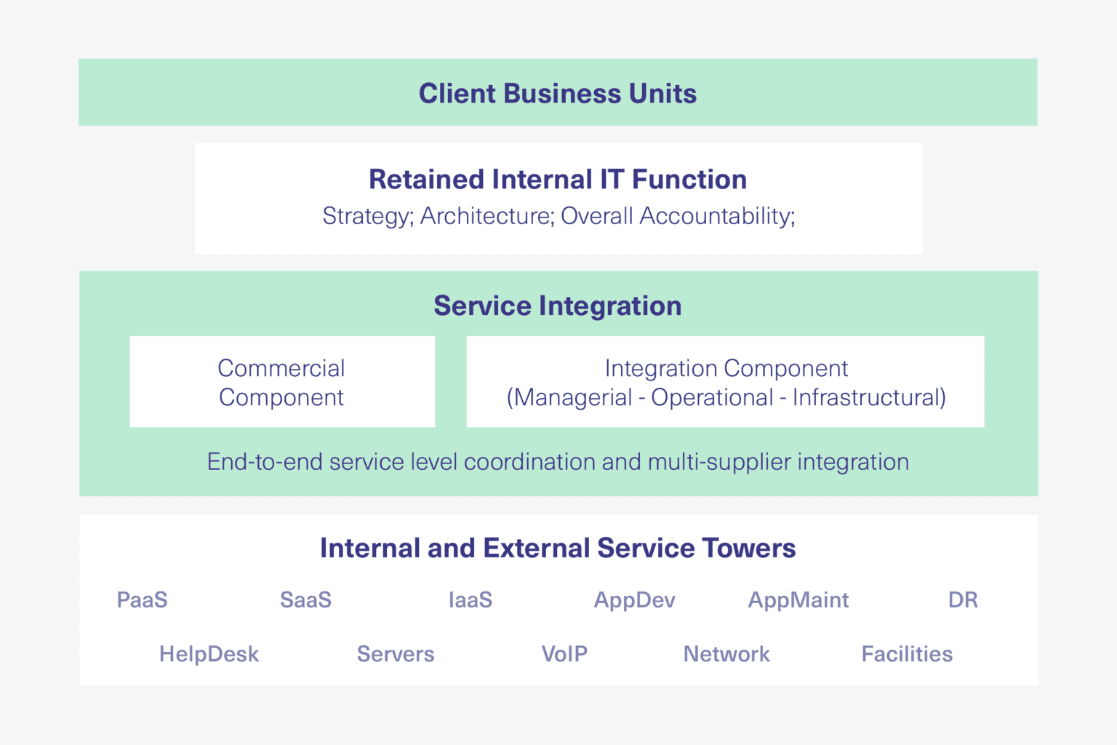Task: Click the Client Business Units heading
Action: (558, 94)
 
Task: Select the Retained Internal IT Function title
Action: (558, 180)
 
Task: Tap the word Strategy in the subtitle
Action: (367, 217)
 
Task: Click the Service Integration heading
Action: (558, 306)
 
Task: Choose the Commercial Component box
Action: (282, 382)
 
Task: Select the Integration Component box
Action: (725, 382)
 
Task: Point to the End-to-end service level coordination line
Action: (558, 462)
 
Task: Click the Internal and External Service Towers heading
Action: (558, 548)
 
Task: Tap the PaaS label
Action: (143, 600)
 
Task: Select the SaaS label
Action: (305, 600)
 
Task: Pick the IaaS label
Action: (471, 600)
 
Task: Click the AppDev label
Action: (634, 600)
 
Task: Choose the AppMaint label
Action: (798, 600)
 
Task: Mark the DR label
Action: (963, 600)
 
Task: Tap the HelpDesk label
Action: (209, 654)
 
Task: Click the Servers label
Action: (396, 654)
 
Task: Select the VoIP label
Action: (564, 654)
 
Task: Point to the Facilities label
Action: (907, 654)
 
